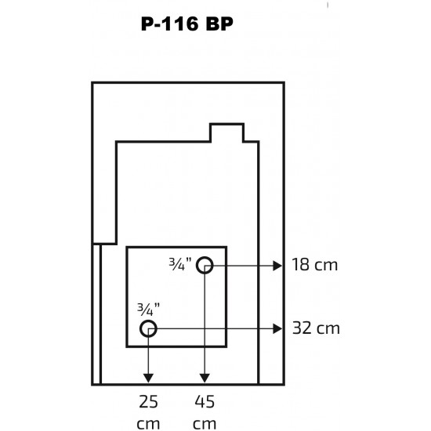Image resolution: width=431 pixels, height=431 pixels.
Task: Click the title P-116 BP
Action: pos(187,24)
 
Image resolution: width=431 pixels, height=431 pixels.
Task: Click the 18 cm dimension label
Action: pos(315,265)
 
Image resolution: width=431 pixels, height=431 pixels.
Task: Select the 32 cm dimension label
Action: pos(316,328)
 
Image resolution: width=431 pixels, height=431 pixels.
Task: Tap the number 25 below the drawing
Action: pos(148,402)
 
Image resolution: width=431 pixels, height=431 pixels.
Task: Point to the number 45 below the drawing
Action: pos(205,402)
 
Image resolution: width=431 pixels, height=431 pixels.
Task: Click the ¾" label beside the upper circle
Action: pos(180,264)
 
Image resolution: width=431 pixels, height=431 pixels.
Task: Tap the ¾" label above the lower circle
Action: pos(148,310)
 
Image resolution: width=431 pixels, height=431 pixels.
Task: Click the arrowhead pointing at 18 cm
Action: pos(277,266)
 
